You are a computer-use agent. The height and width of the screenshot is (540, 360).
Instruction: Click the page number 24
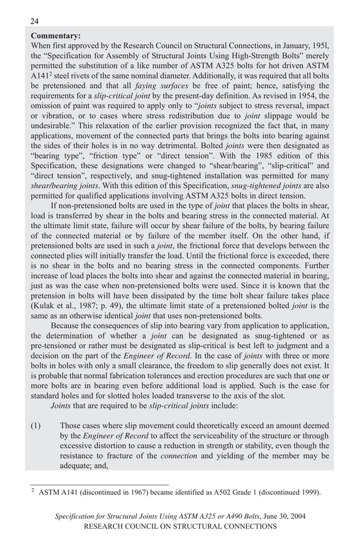coord(34,21)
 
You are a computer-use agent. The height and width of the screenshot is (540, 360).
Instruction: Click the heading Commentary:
coord(56,35)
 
